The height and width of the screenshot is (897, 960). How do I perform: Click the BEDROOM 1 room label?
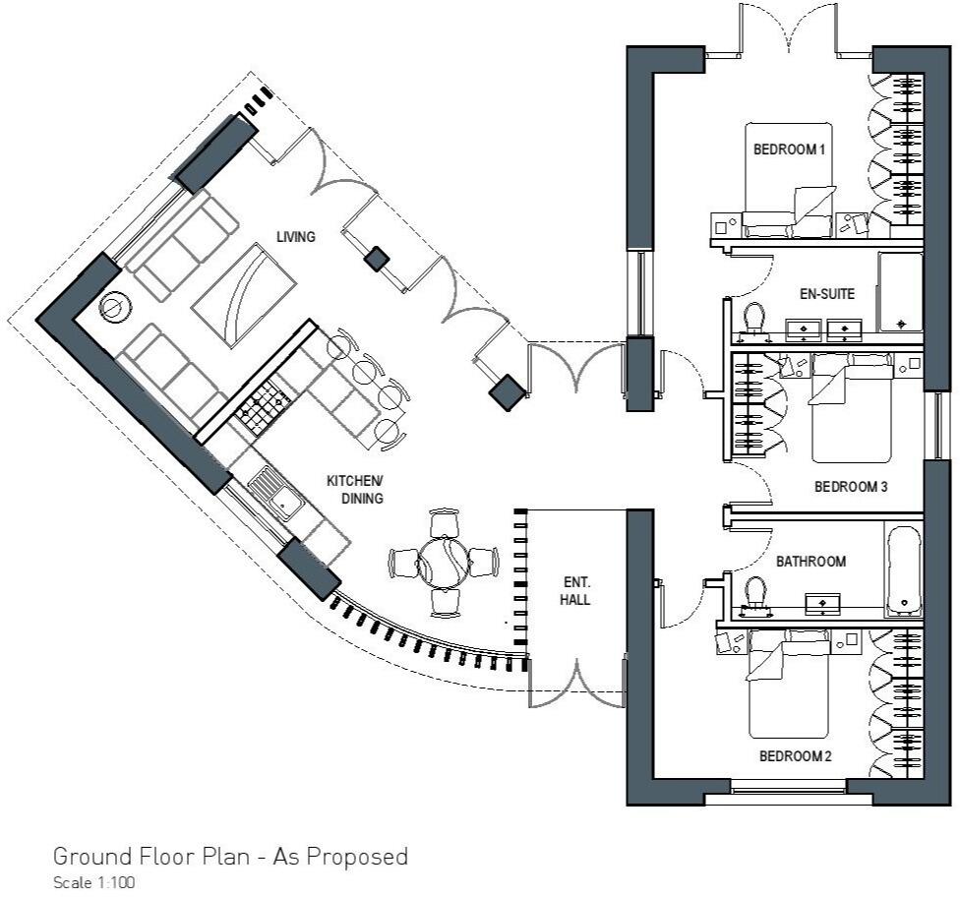point(788,149)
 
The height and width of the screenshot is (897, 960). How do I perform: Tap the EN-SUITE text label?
point(825,293)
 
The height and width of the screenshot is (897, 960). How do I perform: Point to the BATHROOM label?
point(811,562)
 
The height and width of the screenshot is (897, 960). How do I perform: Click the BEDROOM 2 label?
point(796,756)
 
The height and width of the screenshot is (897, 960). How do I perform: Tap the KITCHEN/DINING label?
point(355,489)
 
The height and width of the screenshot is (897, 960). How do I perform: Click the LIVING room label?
point(295,237)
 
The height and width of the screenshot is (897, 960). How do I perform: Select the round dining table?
point(446,562)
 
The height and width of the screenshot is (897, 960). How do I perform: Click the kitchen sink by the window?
point(275,494)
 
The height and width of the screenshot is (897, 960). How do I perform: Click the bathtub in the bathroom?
point(903,570)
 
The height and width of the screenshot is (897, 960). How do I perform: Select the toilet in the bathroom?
point(755,594)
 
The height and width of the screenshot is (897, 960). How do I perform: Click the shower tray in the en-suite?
point(900,292)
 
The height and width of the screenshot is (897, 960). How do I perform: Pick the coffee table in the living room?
point(244,295)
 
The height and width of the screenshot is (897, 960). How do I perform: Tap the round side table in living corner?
point(115,309)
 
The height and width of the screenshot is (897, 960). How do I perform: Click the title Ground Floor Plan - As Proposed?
point(230,856)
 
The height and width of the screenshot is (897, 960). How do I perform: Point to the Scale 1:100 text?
point(93,882)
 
